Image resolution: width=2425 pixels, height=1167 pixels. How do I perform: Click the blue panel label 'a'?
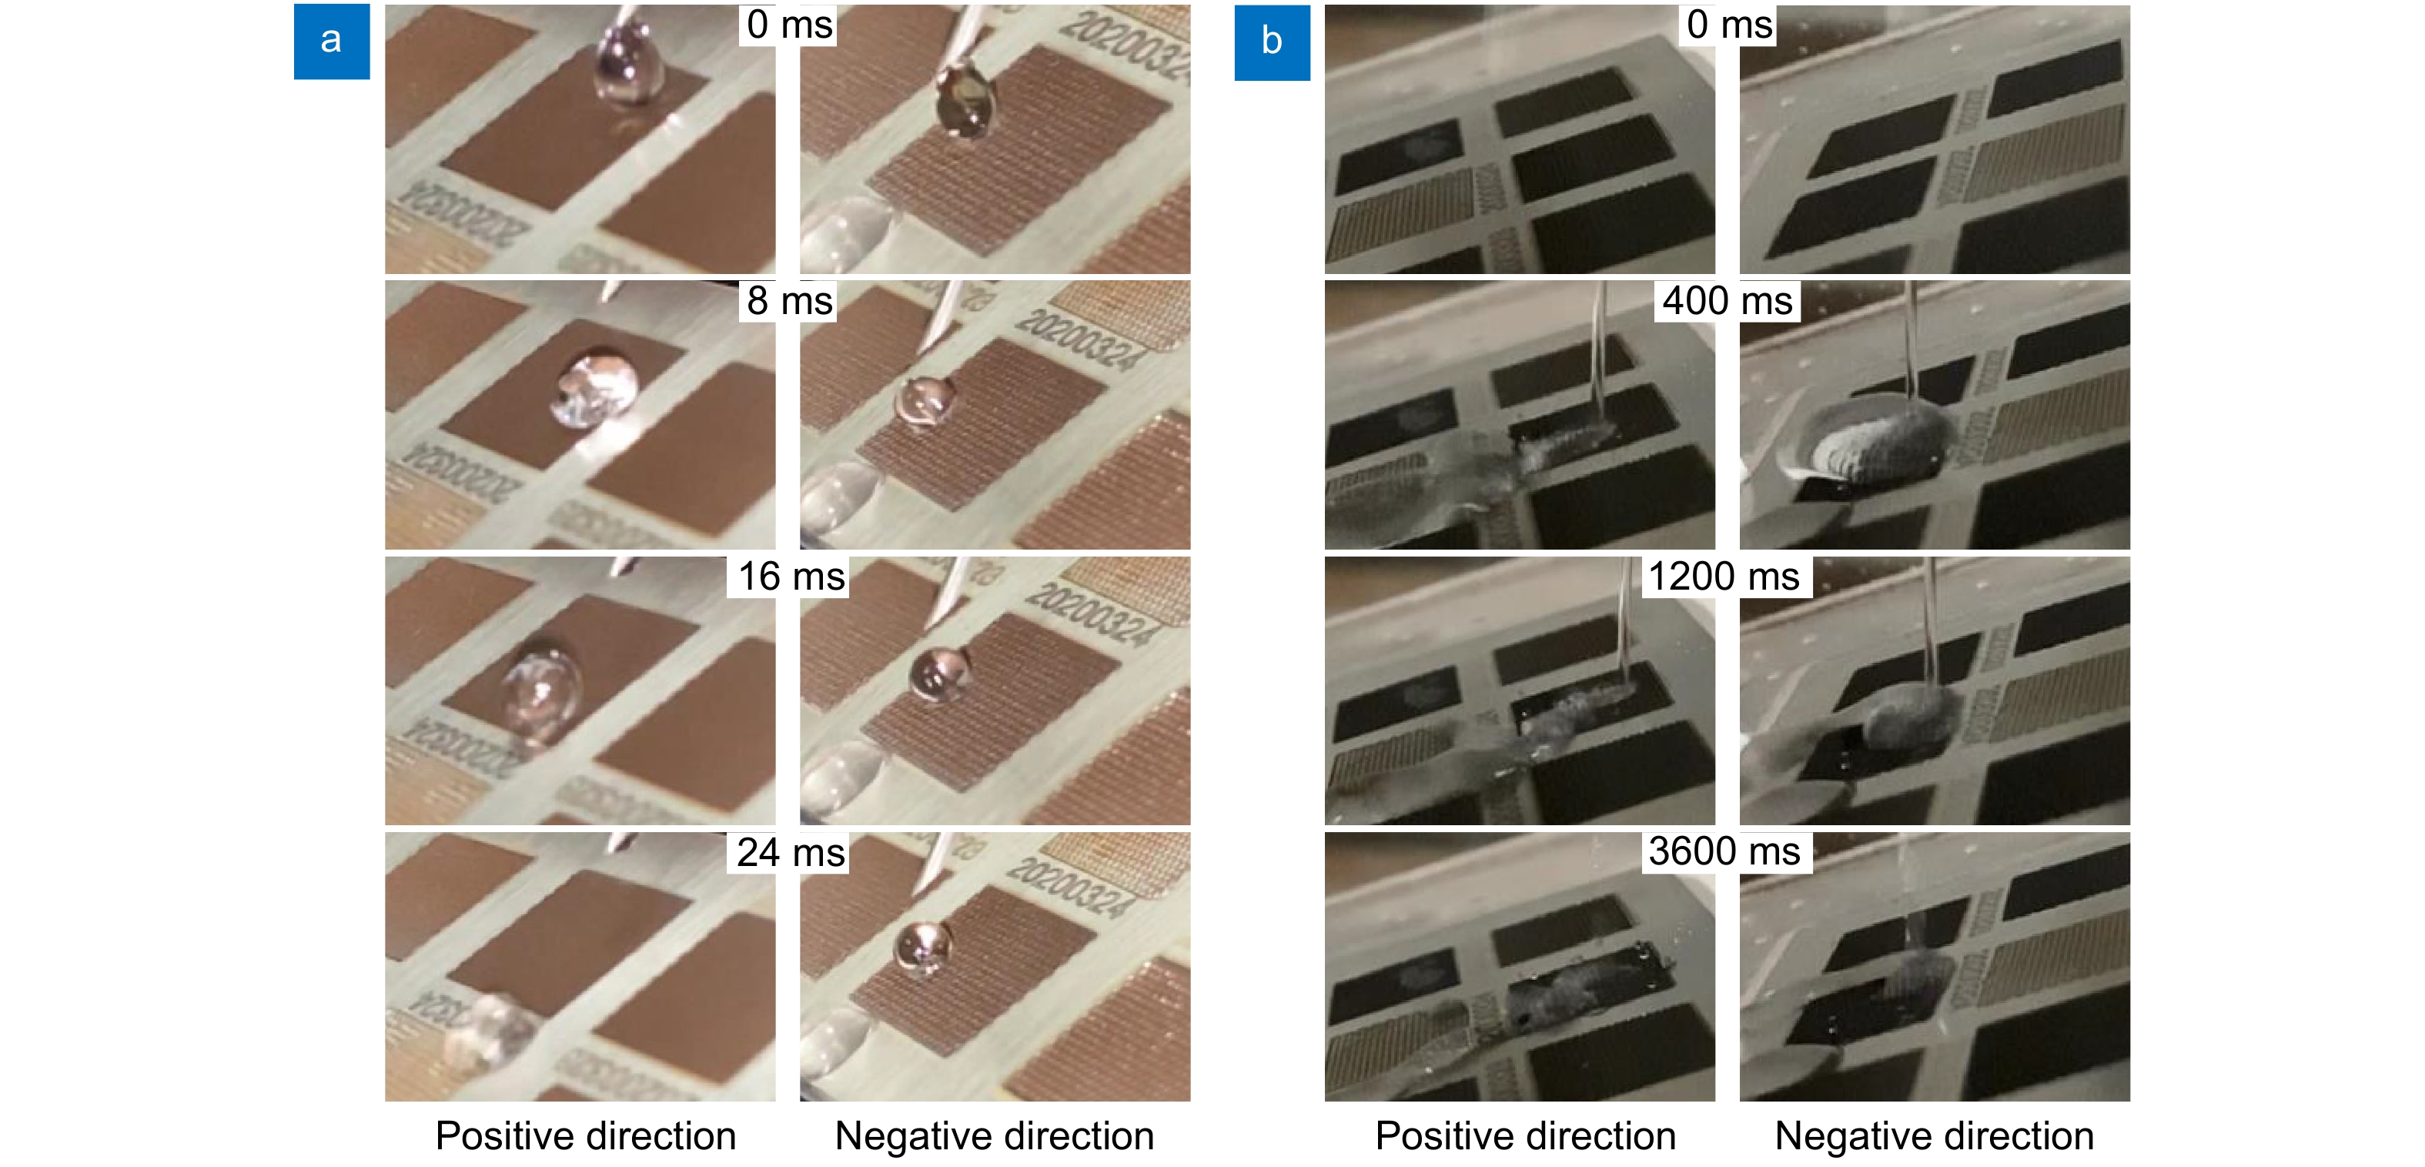click(331, 42)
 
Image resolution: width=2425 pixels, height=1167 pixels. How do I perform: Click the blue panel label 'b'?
click(1272, 42)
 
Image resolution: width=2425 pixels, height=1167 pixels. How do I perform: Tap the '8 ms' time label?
click(790, 301)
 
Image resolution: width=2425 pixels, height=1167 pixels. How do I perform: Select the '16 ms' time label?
click(790, 577)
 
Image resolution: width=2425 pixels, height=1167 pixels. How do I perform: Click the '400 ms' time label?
click(1728, 301)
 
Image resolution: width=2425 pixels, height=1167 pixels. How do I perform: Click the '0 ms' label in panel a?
click(789, 25)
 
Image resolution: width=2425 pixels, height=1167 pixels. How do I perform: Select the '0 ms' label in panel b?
click(1729, 25)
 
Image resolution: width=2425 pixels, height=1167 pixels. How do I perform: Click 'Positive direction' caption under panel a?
click(586, 1136)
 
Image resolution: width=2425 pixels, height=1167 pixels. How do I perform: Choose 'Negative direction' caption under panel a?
click(994, 1136)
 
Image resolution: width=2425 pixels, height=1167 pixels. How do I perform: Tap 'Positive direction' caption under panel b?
click(1525, 1136)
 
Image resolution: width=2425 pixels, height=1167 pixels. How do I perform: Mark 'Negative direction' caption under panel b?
click(1934, 1136)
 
